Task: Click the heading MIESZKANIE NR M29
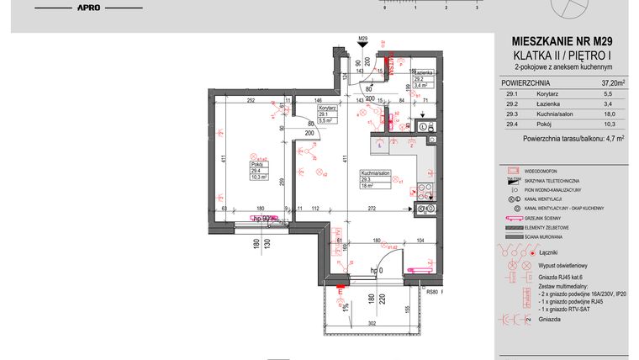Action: [x=558, y=40]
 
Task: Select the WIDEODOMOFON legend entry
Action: [x=546, y=170]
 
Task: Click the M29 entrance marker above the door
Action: [x=363, y=39]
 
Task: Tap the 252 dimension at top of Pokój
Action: [x=250, y=100]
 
